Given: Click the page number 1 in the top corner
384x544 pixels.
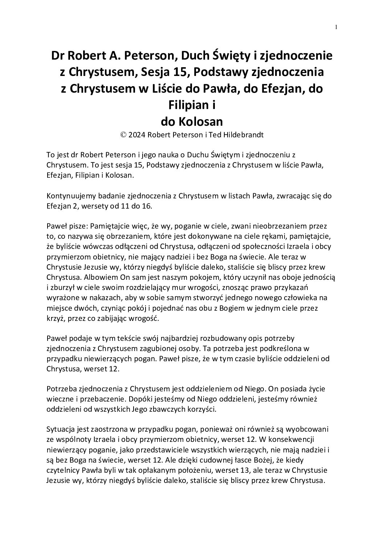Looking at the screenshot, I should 336,27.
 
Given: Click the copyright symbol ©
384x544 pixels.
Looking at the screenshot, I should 123,134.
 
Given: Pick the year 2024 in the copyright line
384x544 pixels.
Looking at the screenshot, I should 136,134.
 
